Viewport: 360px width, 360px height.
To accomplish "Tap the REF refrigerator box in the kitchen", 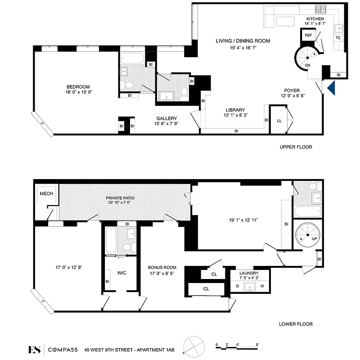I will (308, 35).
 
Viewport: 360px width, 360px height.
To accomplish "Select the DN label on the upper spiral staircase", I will (307, 65).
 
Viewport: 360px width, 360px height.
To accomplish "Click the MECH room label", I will (46, 193).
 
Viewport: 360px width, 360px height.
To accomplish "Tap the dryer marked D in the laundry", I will (238, 286).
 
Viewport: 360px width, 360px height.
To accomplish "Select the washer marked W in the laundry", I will (262, 286).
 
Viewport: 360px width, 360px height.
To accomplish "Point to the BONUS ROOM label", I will (162, 267).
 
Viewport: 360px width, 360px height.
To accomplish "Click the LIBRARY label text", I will (235, 110).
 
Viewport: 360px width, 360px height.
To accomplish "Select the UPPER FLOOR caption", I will (296, 147).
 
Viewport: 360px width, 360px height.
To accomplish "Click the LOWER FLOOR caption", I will (296, 324).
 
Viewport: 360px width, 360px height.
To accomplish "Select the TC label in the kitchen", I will (338, 38).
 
